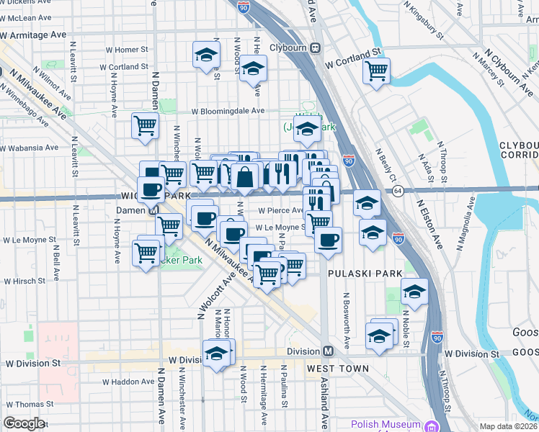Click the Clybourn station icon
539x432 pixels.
pyautogui.click(x=315, y=48)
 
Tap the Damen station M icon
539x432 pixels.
pyautogui.click(x=153, y=211)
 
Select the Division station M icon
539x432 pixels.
pyautogui.click(x=328, y=351)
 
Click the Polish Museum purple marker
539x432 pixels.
pyautogui.click(x=432, y=426)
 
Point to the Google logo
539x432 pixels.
pyautogui.click(x=24, y=423)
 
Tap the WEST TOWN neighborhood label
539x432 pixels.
pyautogui.click(x=338, y=369)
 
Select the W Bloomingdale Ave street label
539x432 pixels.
pyautogui.click(x=228, y=112)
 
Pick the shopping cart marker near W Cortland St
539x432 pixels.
pyautogui.click(x=376, y=71)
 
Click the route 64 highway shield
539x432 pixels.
pyautogui.click(x=398, y=190)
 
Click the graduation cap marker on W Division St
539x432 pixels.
pyautogui.click(x=217, y=353)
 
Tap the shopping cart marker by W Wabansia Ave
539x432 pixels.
pyautogui.click(x=145, y=125)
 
